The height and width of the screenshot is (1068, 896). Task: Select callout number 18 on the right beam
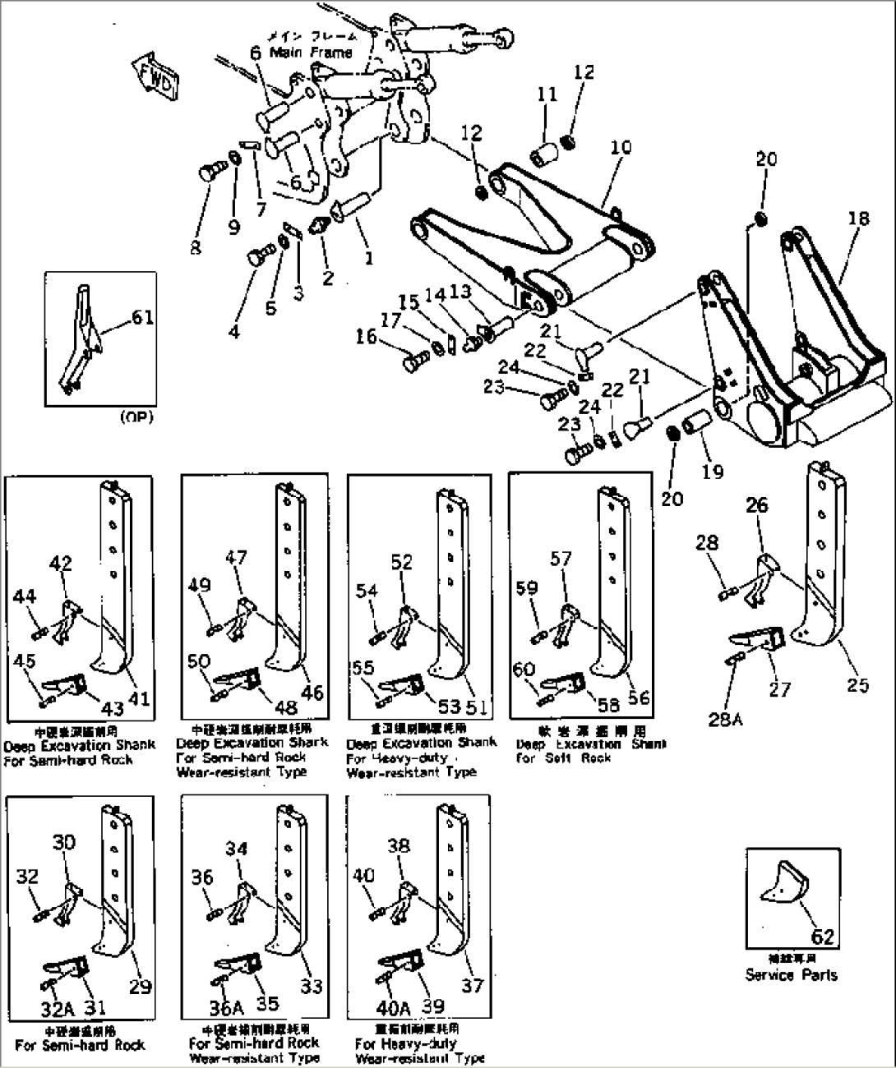[x=858, y=219]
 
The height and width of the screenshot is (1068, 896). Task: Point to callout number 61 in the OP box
[x=142, y=317]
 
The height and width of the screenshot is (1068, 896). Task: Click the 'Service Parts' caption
[x=792, y=975]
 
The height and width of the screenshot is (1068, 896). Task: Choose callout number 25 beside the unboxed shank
[x=857, y=684]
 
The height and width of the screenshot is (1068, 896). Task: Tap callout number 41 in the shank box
[x=139, y=700]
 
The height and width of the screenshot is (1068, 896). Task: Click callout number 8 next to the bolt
[x=195, y=246]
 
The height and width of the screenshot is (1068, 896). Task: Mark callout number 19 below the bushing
[x=712, y=472]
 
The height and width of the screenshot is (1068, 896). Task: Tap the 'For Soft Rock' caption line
[x=564, y=757]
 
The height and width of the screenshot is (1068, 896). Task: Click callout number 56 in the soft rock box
[x=638, y=698]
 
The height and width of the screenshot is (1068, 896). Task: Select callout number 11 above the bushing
[x=547, y=96]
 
